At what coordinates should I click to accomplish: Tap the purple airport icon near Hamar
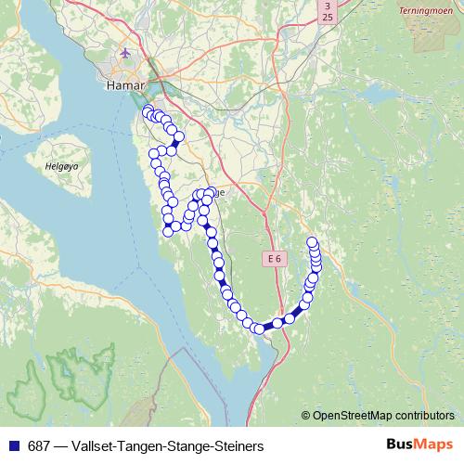(125, 53)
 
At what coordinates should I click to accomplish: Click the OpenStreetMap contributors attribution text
(383, 416)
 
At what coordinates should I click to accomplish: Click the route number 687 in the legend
(39, 445)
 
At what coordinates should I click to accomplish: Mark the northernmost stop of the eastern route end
(313, 243)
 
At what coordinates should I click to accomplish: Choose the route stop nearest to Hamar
(147, 110)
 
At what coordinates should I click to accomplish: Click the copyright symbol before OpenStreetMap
(306, 416)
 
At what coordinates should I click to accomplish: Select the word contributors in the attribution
(424, 416)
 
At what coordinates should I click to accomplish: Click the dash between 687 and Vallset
(60, 445)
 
